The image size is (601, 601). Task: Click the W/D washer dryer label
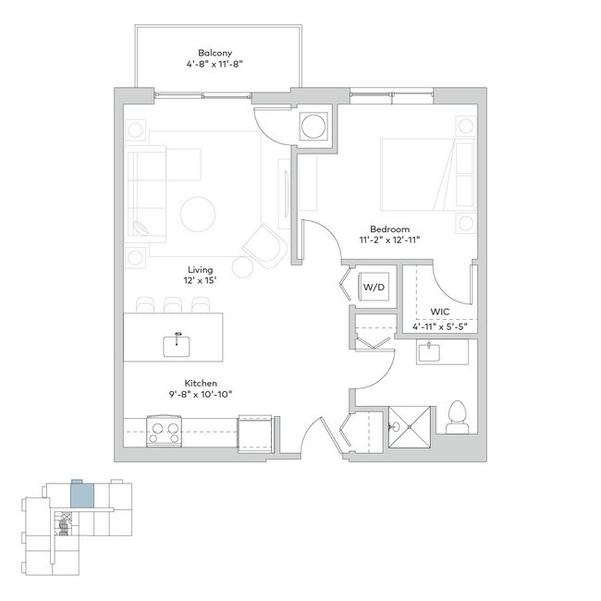(x=374, y=288)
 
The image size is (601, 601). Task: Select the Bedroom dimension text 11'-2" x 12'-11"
(x=389, y=239)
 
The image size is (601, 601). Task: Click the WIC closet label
(x=439, y=313)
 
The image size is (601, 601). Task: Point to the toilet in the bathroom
(x=456, y=418)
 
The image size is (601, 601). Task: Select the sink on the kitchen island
(x=178, y=345)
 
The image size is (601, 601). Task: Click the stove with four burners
(x=165, y=432)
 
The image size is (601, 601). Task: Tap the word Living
(x=200, y=270)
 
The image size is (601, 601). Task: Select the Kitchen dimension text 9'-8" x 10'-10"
(x=200, y=393)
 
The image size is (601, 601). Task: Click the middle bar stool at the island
(x=172, y=304)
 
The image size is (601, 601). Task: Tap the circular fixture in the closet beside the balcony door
(x=313, y=128)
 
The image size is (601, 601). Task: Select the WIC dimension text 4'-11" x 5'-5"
(x=439, y=325)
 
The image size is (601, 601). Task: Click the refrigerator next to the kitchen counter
(x=255, y=433)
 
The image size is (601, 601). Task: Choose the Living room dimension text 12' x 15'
(x=200, y=281)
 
